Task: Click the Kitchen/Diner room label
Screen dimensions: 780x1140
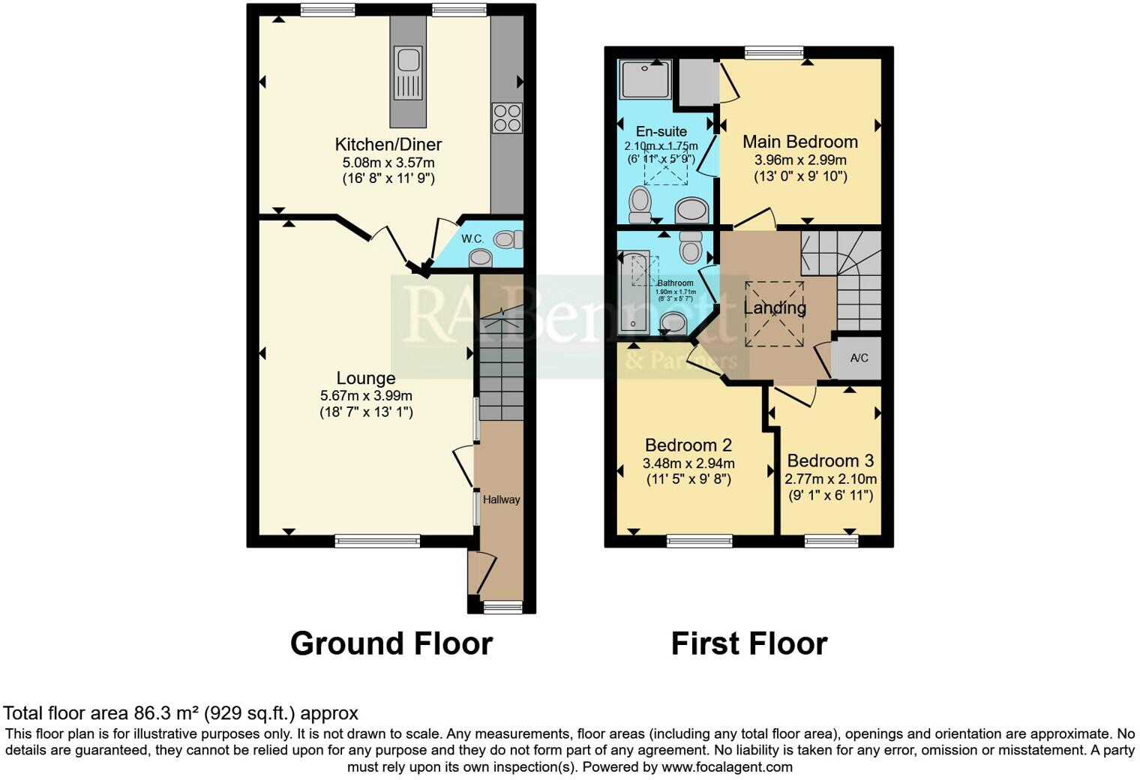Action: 388,144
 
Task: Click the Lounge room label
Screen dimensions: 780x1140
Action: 365,378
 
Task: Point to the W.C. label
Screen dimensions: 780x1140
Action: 472,238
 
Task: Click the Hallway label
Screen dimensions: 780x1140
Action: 501,499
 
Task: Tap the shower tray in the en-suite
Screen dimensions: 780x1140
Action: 645,79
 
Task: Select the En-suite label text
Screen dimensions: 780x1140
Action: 661,131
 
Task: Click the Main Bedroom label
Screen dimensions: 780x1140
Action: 799,142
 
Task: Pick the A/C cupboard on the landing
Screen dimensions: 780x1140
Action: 859,358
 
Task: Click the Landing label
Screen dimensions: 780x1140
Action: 775,307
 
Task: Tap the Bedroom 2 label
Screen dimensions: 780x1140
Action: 688,445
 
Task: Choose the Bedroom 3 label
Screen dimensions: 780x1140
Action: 830,460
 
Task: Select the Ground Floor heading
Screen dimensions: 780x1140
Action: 391,643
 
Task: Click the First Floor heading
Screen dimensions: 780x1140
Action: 748,643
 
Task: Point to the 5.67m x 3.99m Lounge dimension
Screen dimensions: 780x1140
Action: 365,395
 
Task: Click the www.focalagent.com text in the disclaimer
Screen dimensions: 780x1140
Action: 727,767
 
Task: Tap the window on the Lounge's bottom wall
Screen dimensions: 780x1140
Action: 377,541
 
